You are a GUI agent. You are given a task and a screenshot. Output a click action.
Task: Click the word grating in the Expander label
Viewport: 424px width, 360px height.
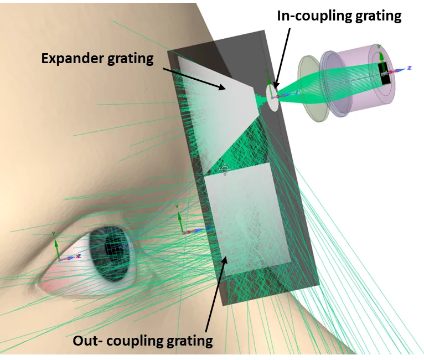tap(131, 59)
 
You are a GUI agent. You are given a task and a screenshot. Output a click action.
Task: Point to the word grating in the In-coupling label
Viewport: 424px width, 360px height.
tap(378, 17)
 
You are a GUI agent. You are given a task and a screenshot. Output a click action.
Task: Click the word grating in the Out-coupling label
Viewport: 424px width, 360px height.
tap(189, 341)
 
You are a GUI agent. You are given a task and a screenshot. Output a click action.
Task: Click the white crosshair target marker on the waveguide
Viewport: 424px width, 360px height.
tap(225, 170)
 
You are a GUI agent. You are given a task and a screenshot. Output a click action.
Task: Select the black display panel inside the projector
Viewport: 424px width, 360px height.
tap(385, 73)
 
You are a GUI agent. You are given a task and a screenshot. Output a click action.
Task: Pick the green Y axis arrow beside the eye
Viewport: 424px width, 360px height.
tap(56, 247)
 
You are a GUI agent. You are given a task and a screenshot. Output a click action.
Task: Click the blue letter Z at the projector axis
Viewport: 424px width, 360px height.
tap(410, 68)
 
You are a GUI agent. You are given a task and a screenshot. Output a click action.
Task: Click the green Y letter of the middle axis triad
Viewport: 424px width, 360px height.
tap(177, 207)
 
